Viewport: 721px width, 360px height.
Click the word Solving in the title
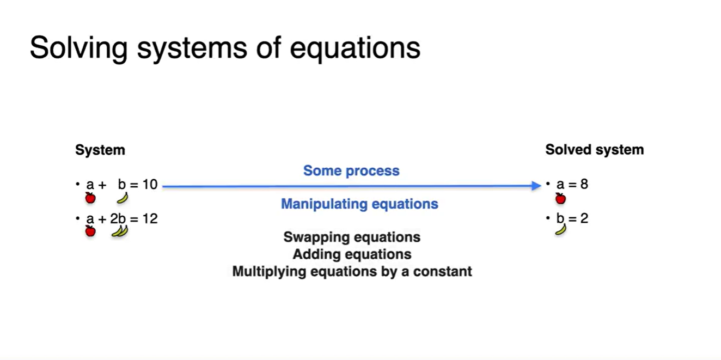(79, 48)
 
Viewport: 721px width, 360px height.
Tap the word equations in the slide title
(355, 49)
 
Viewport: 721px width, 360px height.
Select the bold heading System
(100, 150)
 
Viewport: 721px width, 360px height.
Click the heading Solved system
(595, 150)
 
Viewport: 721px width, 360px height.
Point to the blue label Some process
(351, 170)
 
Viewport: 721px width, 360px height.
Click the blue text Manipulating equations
(359, 204)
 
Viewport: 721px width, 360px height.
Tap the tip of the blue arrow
(541, 186)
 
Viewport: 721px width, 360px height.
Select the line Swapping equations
(352, 237)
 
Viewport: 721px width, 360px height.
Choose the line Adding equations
(352, 254)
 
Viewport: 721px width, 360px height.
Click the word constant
(443, 271)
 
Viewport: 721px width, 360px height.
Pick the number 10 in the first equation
(150, 185)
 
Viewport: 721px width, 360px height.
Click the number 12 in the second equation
(150, 219)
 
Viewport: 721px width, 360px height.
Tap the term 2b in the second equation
(118, 219)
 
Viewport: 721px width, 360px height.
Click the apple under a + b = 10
(90, 198)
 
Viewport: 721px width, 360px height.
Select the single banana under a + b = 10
(123, 198)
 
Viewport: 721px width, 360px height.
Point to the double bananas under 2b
(120, 231)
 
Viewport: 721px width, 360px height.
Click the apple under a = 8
(560, 199)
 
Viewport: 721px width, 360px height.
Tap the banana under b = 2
(561, 230)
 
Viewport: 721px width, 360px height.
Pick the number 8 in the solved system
(584, 184)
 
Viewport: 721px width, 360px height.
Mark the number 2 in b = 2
(584, 218)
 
